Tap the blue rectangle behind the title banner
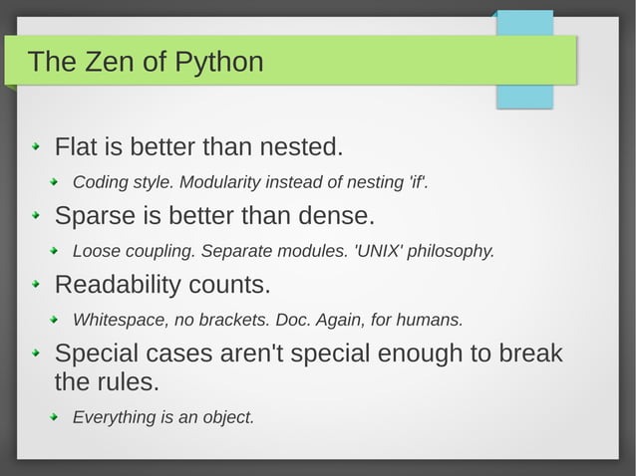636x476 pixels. point(524,96)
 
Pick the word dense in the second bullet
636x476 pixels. point(340,216)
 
